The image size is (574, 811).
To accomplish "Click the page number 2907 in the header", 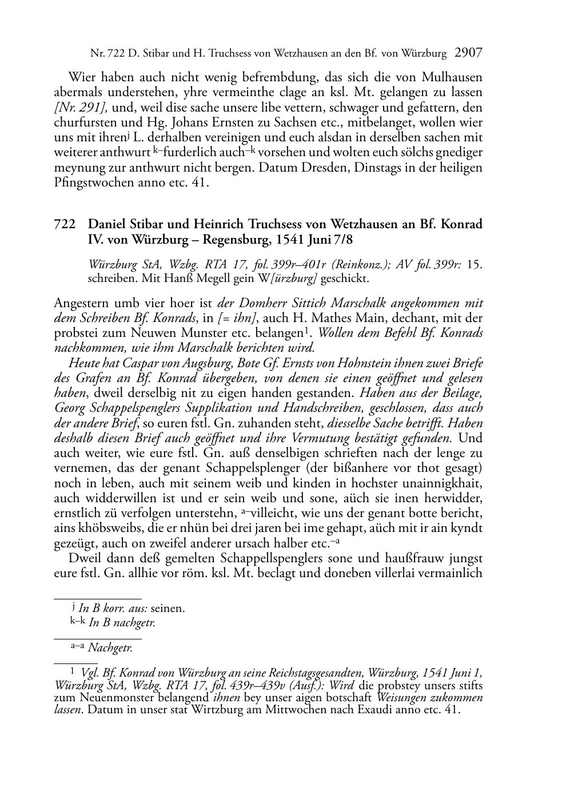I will [x=469, y=53].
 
